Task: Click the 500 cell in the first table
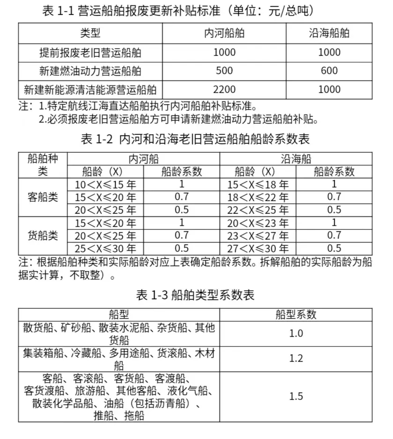point(224,71)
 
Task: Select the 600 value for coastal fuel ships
point(329,71)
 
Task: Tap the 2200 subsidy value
point(224,89)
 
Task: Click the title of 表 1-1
point(178,10)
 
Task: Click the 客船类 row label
point(43,197)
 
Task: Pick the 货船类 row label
point(43,235)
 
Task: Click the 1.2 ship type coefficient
point(296,359)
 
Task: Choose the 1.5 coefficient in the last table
point(296,396)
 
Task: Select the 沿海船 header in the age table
point(296,159)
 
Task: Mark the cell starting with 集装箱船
point(118,359)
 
